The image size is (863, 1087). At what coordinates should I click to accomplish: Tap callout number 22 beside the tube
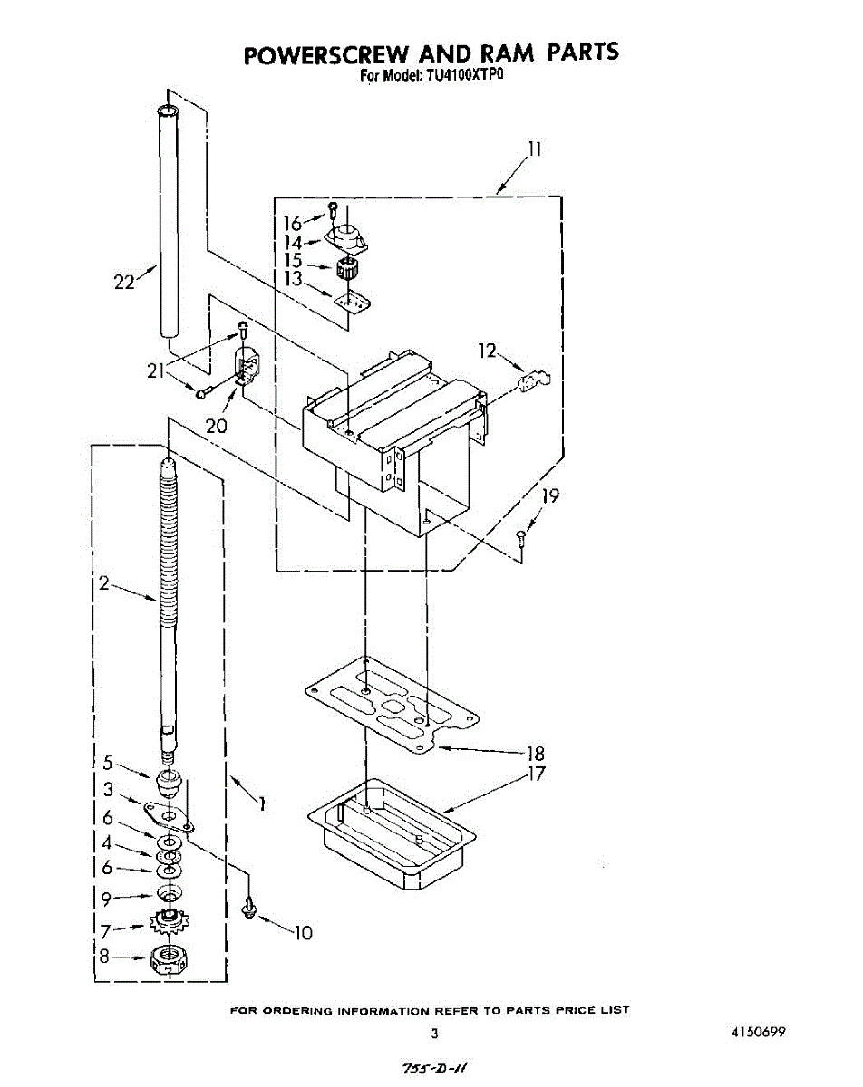click(x=123, y=282)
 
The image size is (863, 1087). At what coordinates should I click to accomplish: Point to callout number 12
click(x=489, y=351)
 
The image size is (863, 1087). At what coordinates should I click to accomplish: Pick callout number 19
click(x=550, y=495)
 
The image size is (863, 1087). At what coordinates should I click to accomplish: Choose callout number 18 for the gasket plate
click(x=536, y=753)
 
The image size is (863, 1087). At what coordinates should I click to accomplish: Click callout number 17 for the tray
click(x=537, y=774)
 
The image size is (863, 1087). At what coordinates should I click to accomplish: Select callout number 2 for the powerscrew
click(x=104, y=584)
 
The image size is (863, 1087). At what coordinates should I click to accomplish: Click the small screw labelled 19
click(x=521, y=537)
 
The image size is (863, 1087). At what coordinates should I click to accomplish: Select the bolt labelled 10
click(x=247, y=907)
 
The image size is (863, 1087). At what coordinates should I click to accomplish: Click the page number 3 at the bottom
click(x=434, y=1033)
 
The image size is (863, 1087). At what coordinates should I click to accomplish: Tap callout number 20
click(x=216, y=426)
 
